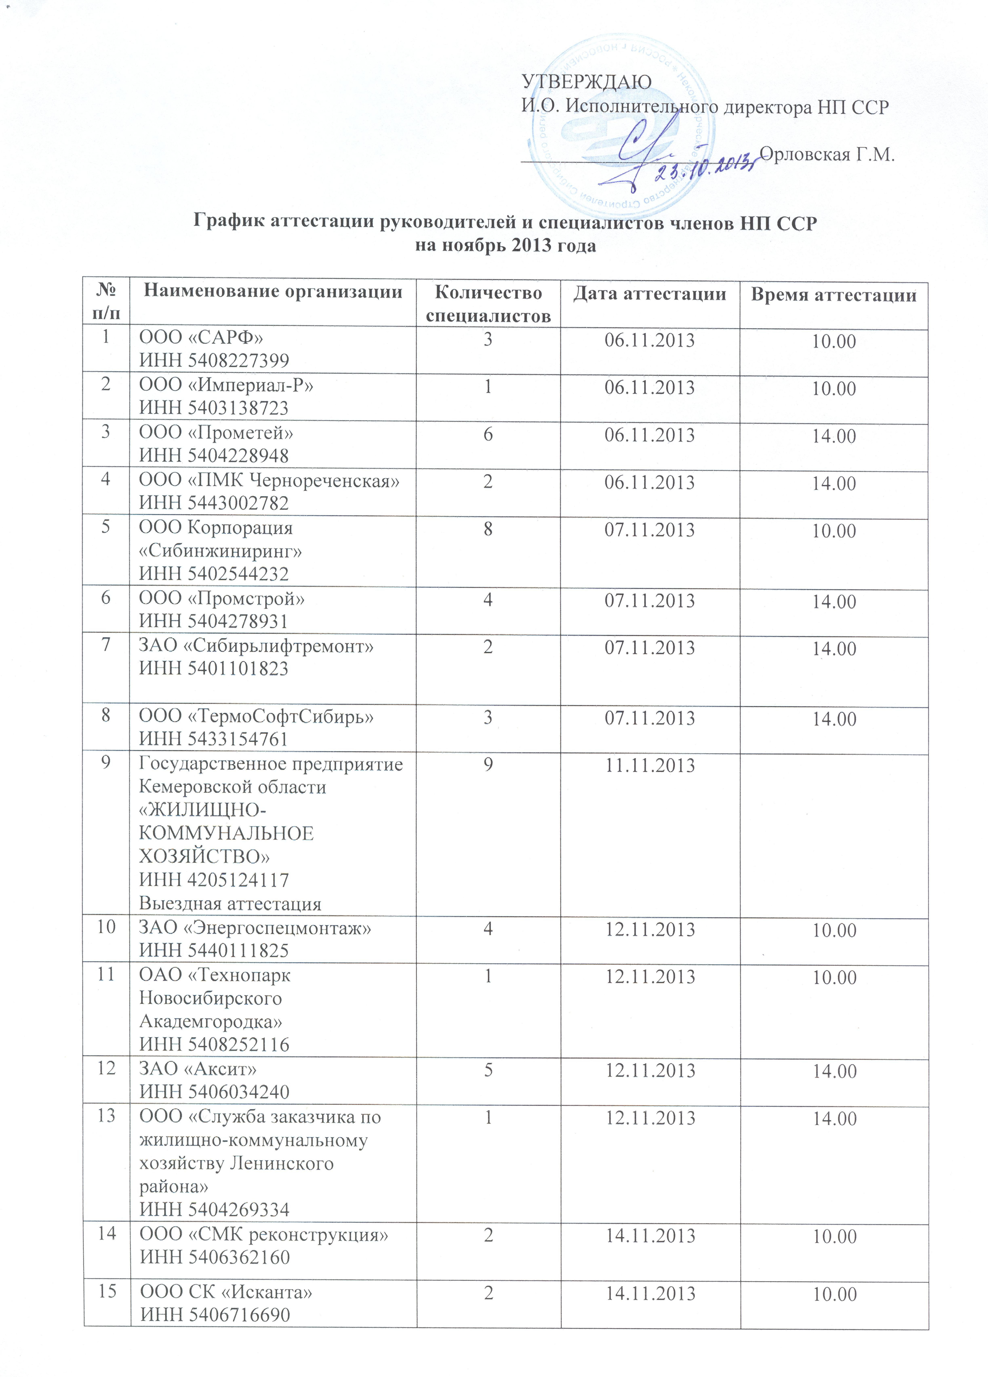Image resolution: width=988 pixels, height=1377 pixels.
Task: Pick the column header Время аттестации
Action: [833, 295]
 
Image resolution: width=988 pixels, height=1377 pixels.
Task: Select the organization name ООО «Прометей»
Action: [216, 433]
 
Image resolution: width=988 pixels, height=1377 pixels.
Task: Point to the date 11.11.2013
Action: [650, 765]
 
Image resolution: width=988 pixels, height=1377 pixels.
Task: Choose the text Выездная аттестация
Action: [230, 903]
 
